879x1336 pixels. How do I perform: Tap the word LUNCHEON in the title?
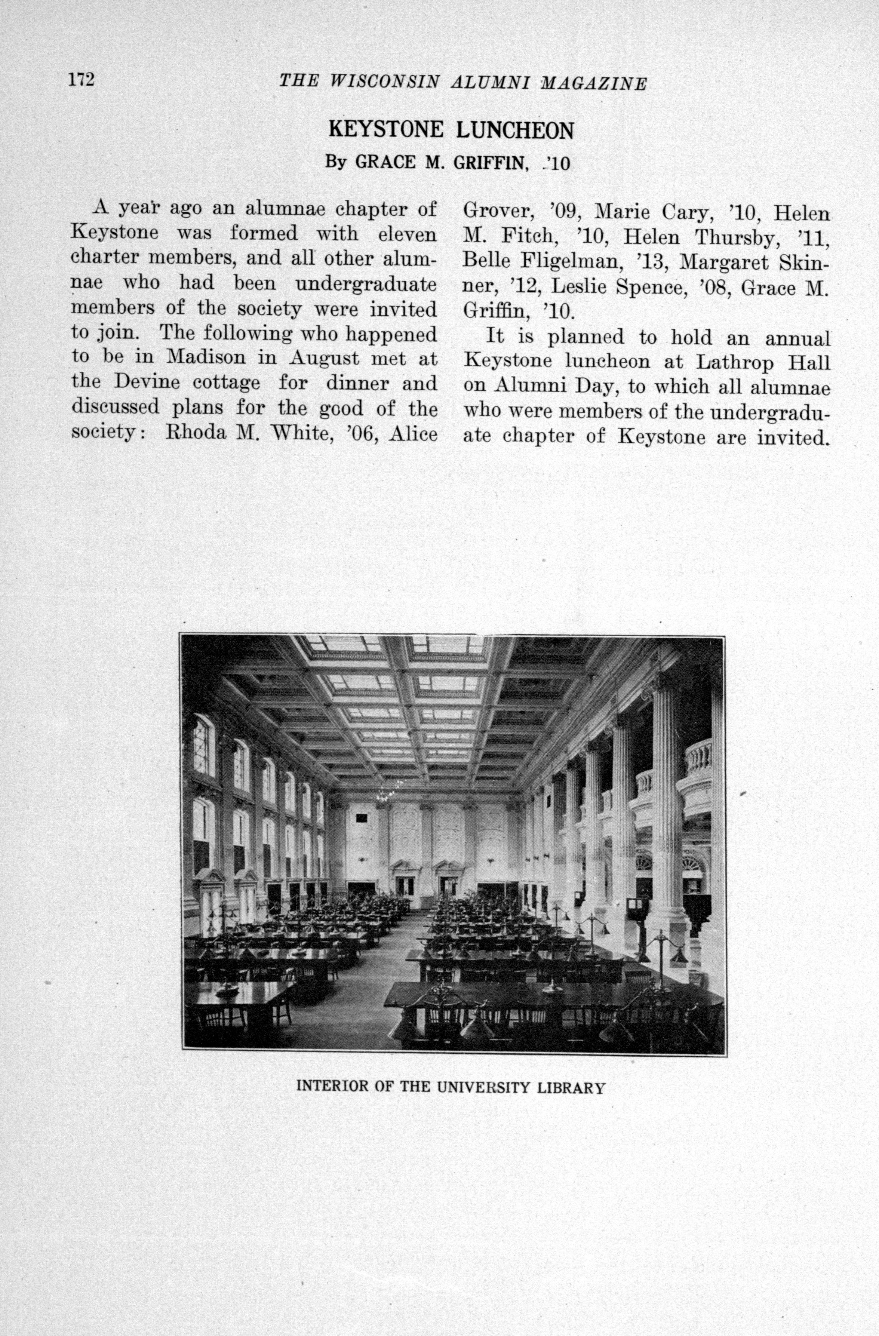515,131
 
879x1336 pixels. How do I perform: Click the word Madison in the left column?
206,357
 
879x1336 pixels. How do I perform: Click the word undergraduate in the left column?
365,283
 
